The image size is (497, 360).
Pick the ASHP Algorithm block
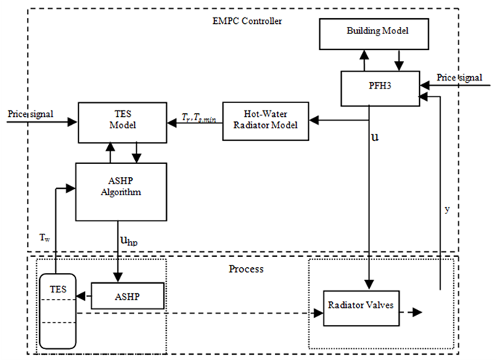[112, 192]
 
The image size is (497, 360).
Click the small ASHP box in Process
[128, 296]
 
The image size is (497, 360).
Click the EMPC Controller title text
[242, 21]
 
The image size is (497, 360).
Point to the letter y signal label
[448, 209]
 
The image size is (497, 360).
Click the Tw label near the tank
[44, 237]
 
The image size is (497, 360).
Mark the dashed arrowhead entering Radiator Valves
[318, 314]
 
